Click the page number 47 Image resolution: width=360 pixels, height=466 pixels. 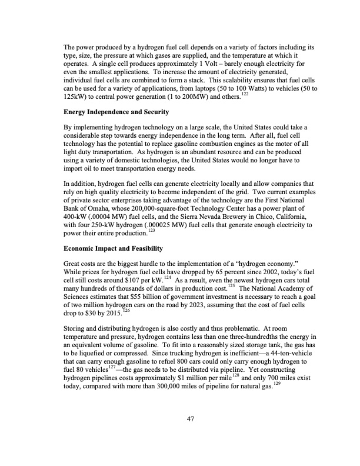pyautogui.click(x=190, y=418)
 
